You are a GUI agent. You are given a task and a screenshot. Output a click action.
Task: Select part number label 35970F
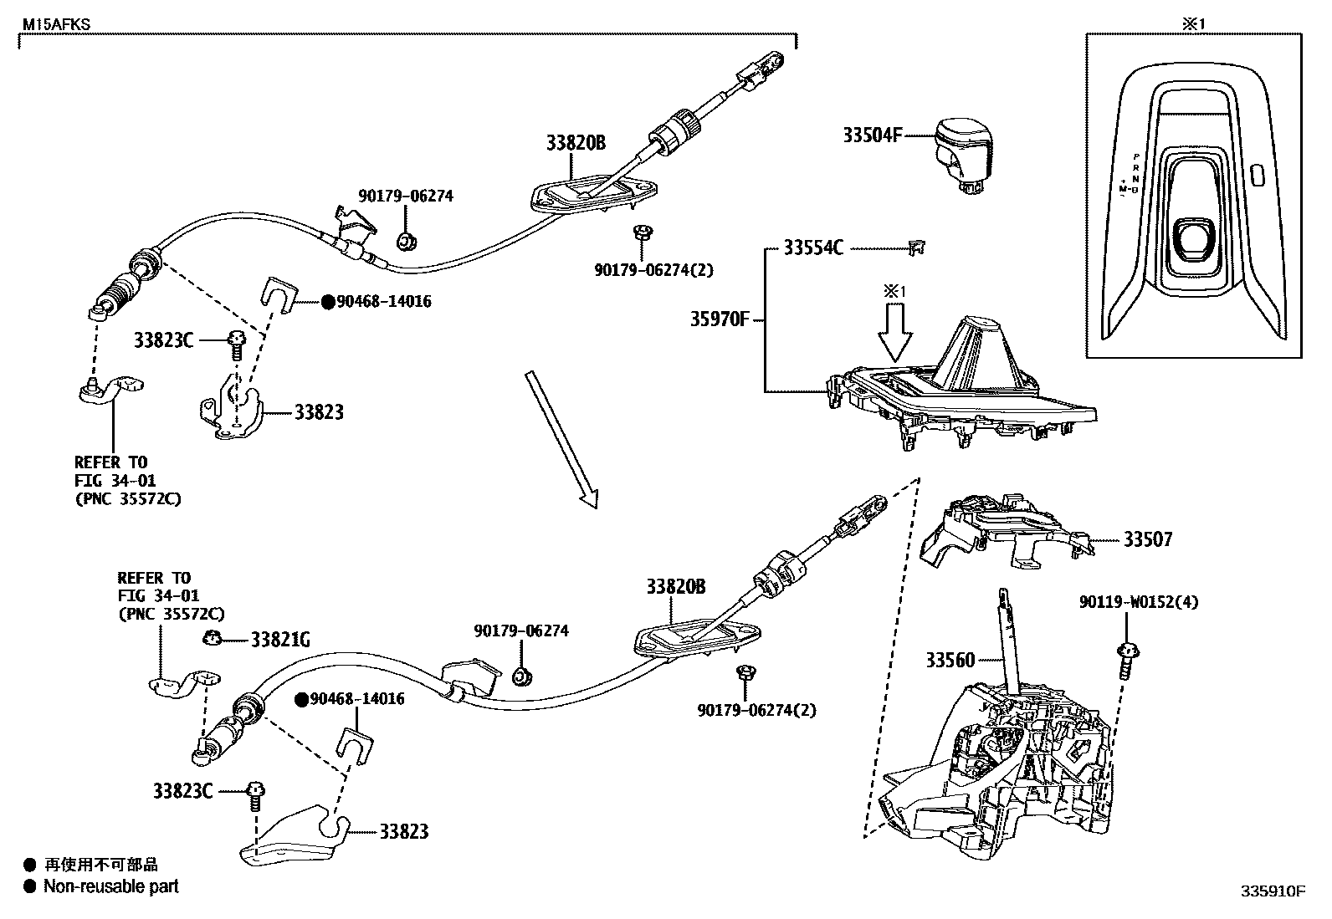(x=720, y=319)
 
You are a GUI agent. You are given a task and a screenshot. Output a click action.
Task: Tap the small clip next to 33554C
(x=916, y=247)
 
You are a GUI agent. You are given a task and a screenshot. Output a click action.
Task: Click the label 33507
(x=1148, y=539)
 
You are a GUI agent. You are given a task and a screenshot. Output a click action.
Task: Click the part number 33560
(x=950, y=660)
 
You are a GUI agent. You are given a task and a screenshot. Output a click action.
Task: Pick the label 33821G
(x=281, y=640)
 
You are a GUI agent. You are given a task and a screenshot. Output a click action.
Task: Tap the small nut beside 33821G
(x=212, y=639)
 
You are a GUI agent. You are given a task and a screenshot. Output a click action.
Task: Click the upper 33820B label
(x=576, y=143)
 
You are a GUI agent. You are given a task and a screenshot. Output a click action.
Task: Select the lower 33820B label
(x=675, y=587)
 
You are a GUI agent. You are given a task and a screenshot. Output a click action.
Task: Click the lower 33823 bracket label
(x=403, y=831)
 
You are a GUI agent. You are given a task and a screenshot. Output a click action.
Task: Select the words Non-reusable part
(x=111, y=886)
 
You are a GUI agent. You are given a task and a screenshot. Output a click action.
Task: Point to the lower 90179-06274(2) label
(x=756, y=711)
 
